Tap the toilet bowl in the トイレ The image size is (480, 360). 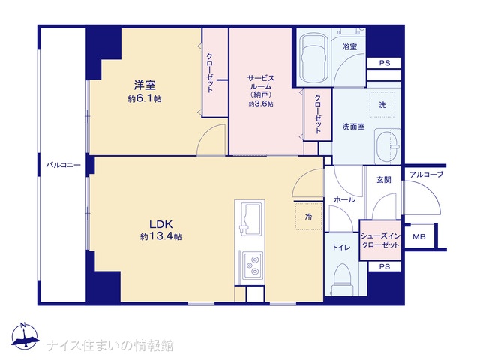[x=342, y=279]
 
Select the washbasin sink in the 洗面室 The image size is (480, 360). [x=388, y=147]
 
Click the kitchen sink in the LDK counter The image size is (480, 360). [x=250, y=220]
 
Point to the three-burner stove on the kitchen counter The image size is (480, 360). [x=253, y=265]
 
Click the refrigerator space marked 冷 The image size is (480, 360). [x=308, y=217]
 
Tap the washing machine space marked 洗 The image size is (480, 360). [x=382, y=105]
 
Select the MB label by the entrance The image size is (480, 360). [x=418, y=237]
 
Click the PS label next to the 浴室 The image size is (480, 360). [x=385, y=63]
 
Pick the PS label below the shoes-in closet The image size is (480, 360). [x=385, y=267]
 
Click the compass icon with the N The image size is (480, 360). [x=25, y=335]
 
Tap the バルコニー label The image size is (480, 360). [x=63, y=166]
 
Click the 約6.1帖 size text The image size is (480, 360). [x=145, y=98]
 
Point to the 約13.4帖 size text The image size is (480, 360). [x=161, y=236]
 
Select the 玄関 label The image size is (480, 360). [x=384, y=180]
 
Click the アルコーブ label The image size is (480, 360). [x=427, y=175]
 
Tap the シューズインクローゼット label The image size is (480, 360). [x=380, y=240]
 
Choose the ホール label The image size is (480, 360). [x=344, y=200]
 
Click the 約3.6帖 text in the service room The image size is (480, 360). [x=261, y=104]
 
